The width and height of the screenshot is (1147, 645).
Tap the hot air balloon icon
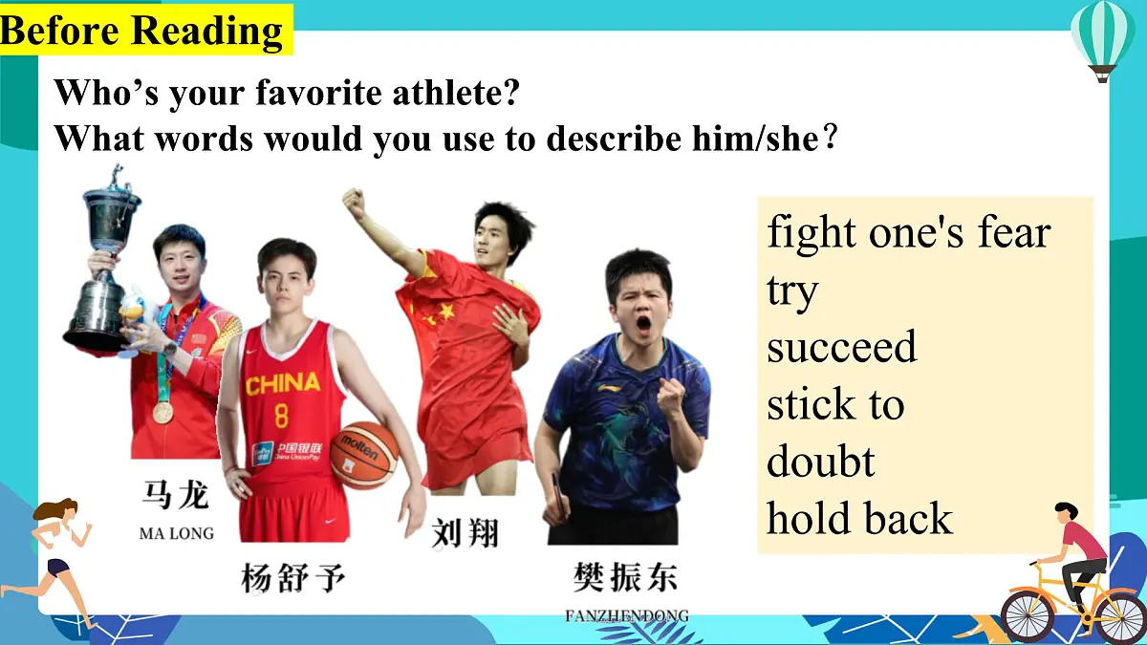tap(1102, 38)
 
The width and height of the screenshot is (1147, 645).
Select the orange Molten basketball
tap(364, 455)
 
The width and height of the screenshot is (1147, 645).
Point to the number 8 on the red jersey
tap(281, 416)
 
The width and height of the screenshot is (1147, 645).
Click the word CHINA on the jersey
tap(282, 384)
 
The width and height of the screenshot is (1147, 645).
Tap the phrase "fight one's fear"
tap(908, 232)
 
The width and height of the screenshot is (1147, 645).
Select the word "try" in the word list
tap(792, 290)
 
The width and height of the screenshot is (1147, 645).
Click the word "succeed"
tap(841, 347)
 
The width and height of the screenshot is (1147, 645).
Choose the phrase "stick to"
tap(834, 404)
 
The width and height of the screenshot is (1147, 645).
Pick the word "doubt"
tap(820, 462)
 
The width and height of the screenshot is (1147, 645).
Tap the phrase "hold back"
tap(859, 519)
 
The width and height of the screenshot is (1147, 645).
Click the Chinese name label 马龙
tap(176, 496)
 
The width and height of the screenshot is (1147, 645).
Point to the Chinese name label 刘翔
tap(465, 532)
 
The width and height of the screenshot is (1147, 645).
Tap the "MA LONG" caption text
tap(177, 533)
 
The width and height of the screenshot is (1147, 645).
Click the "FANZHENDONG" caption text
tap(626, 616)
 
